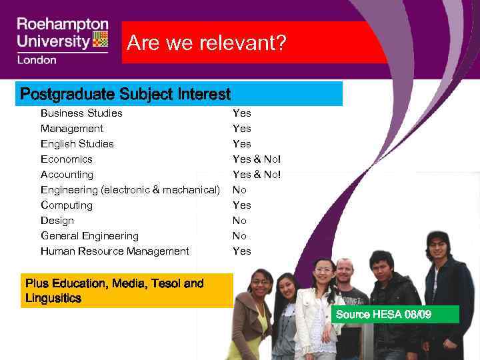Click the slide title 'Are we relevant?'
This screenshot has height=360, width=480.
[x=207, y=43]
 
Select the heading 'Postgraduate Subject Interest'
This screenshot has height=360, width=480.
[x=125, y=94]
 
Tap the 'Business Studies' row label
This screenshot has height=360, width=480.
[x=81, y=113]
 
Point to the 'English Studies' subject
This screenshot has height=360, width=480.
[x=77, y=143]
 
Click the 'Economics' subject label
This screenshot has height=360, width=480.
[x=67, y=159]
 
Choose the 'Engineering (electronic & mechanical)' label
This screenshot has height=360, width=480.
[x=130, y=189]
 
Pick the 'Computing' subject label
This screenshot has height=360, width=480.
[x=67, y=205]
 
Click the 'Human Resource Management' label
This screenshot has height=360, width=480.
[x=115, y=251]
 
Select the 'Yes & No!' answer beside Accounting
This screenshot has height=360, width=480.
[x=257, y=174]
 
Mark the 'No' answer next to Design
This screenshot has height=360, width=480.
[x=239, y=220]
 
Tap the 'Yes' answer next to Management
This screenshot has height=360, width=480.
[x=241, y=128]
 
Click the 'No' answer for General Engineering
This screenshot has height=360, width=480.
[x=239, y=235]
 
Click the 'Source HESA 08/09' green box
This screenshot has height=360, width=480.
[x=395, y=314]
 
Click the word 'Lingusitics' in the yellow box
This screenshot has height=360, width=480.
[x=53, y=298]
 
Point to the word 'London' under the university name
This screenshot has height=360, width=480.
[x=37, y=60]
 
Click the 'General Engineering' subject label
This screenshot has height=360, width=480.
[x=89, y=235]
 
